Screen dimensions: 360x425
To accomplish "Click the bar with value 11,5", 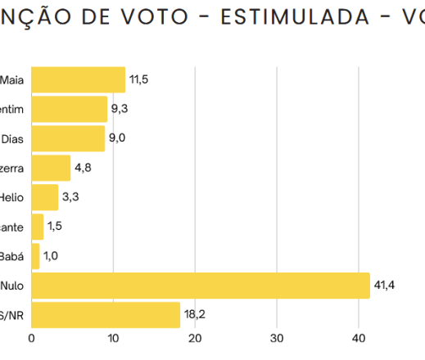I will tap(78, 80).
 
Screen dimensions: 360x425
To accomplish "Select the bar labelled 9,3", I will tap(70, 110).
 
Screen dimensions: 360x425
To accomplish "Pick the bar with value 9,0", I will tap(68, 139).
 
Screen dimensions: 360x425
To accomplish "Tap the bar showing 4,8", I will tap(51, 169).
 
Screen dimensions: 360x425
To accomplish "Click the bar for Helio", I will tap(45, 197).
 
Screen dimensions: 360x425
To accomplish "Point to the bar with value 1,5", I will tap(38, 227).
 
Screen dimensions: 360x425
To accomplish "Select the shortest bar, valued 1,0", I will tap(35, 256).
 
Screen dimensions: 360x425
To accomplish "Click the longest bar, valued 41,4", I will tap(201, 286).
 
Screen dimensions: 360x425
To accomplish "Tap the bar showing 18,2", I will tap(106, 315).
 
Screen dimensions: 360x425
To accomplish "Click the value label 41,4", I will tap(385, 286).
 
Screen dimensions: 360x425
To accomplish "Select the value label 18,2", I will tap(195, 315).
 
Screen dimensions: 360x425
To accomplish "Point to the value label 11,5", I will tap(140, 80).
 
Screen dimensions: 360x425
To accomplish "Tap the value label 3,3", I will tap(70, 197).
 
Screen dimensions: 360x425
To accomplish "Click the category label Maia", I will tap(12, 80).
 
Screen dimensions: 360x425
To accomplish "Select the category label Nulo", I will tap(12, 286).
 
